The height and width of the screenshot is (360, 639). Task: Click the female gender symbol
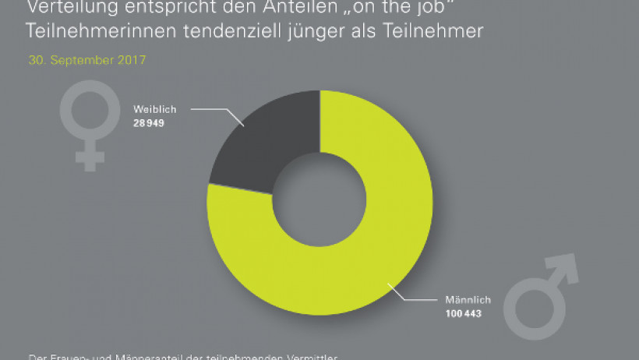90,124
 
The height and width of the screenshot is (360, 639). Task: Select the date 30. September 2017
86,60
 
